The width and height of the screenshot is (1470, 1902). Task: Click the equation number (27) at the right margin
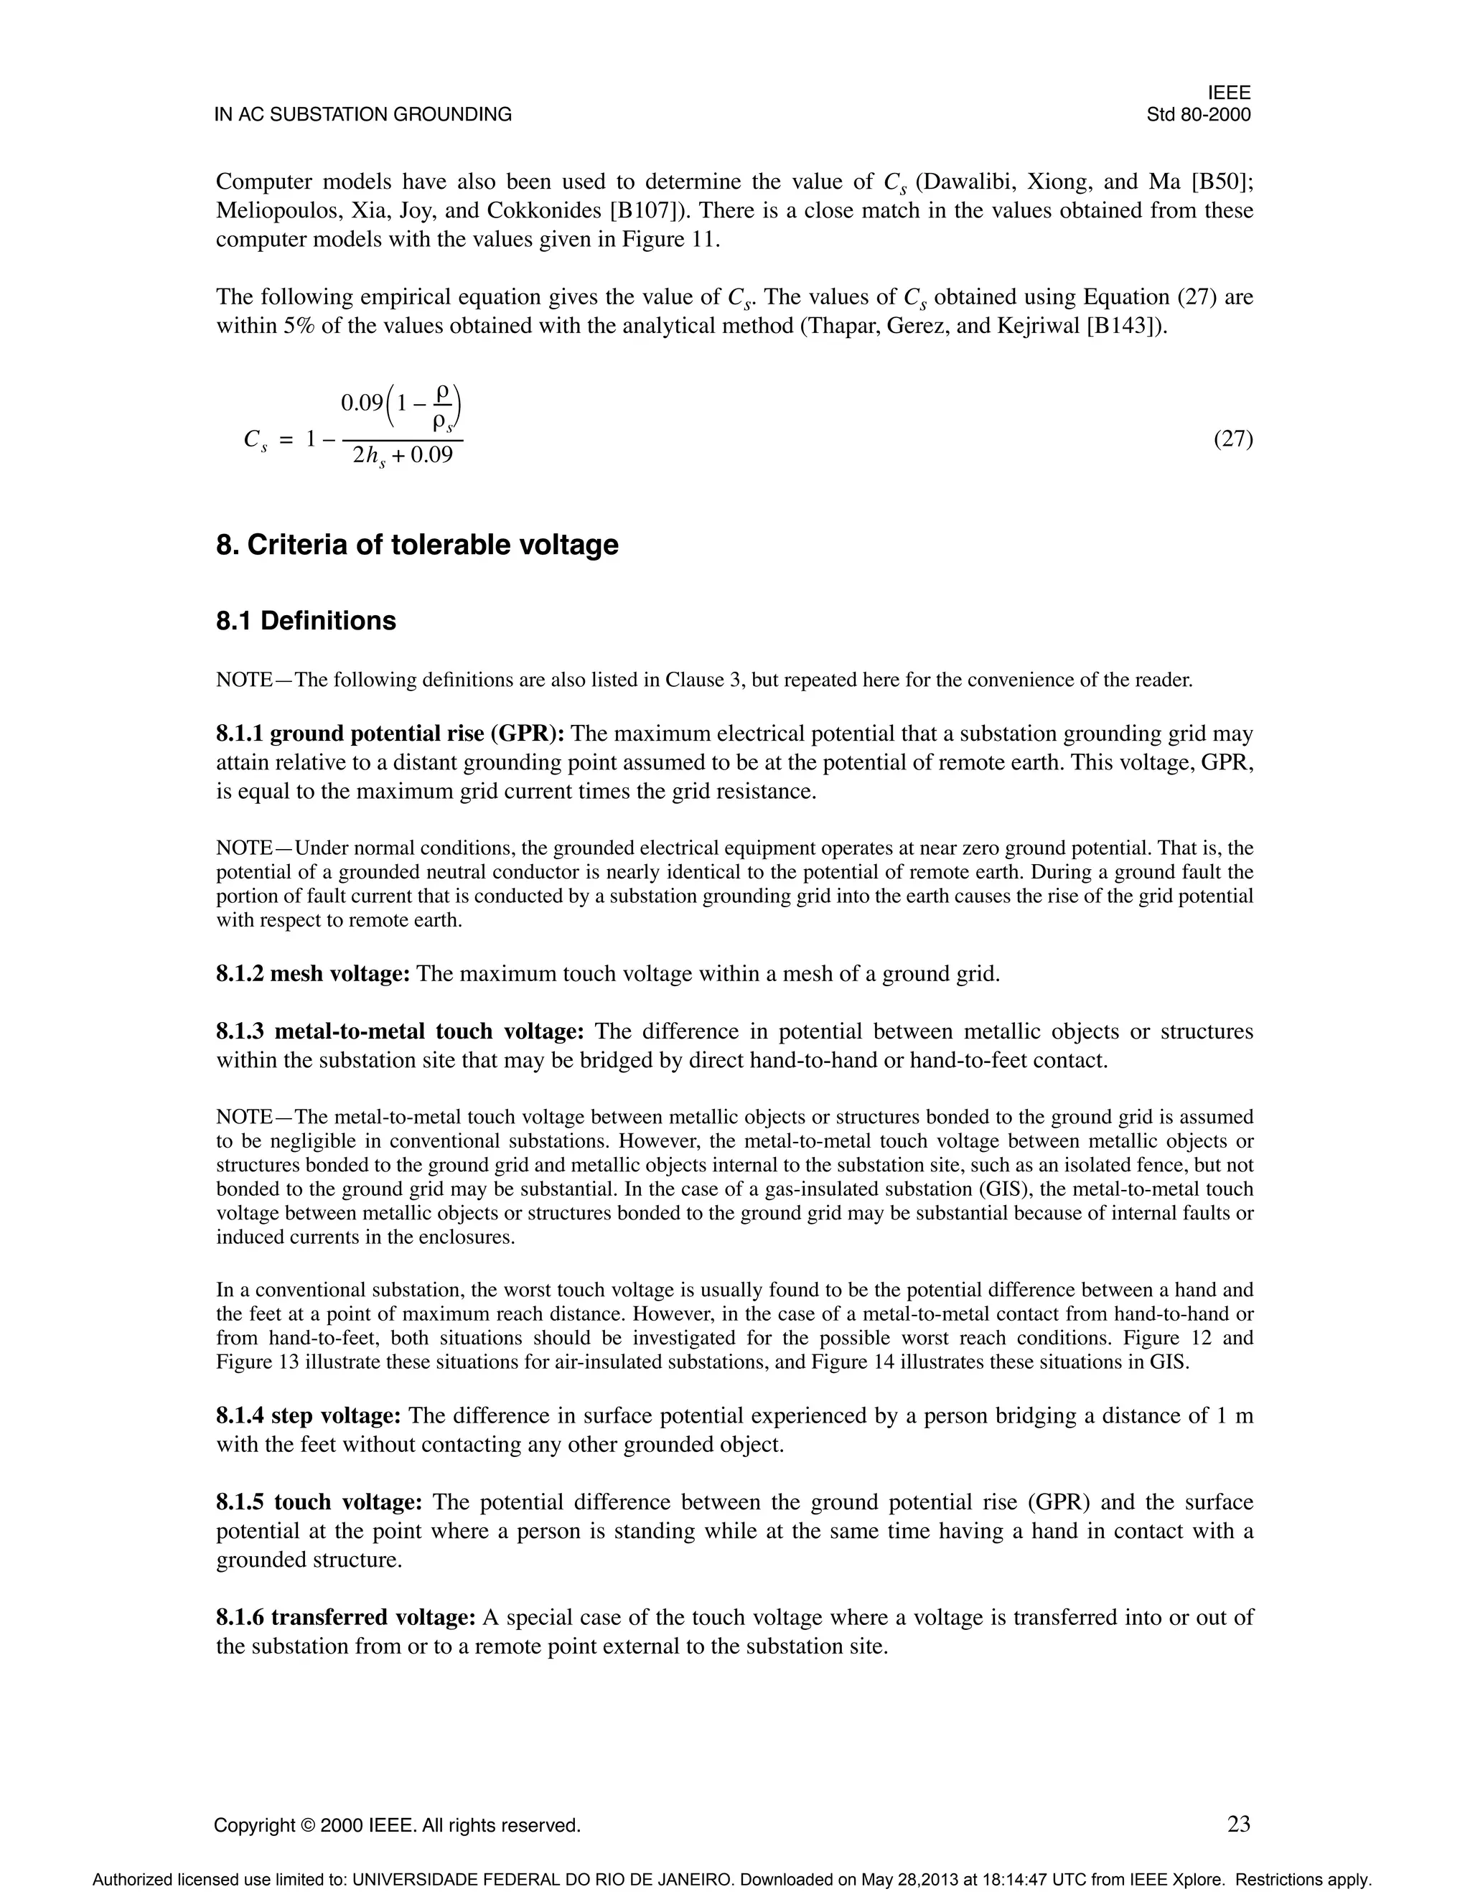1233,439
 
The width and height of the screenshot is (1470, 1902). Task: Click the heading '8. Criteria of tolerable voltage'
417,545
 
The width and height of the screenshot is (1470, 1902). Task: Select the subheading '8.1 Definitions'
306,621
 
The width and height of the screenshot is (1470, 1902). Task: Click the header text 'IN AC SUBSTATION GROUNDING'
363,115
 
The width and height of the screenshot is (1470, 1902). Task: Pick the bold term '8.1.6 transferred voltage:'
346,1617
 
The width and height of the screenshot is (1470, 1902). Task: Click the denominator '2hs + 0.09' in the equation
403,456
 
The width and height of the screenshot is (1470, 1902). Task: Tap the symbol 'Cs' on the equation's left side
255,441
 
